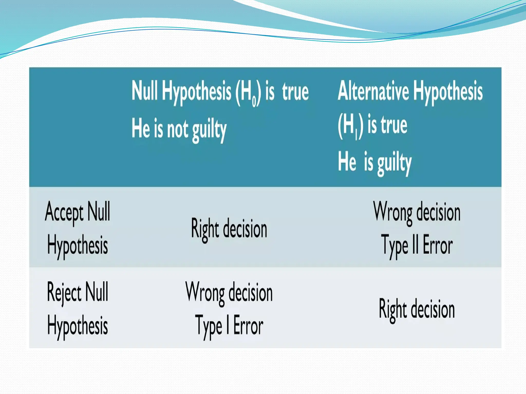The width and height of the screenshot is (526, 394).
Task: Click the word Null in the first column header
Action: (144, 91)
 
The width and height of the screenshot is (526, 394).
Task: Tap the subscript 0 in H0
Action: (254, 101)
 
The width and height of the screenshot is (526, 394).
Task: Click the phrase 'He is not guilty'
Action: (179, 129)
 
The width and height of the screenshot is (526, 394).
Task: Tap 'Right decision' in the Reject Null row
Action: (417, 309)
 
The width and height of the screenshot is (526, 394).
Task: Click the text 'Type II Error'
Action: (417, 245)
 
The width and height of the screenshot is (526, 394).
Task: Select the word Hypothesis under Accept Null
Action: (77, 245)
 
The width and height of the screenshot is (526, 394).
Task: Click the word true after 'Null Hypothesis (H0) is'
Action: (295, 92)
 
